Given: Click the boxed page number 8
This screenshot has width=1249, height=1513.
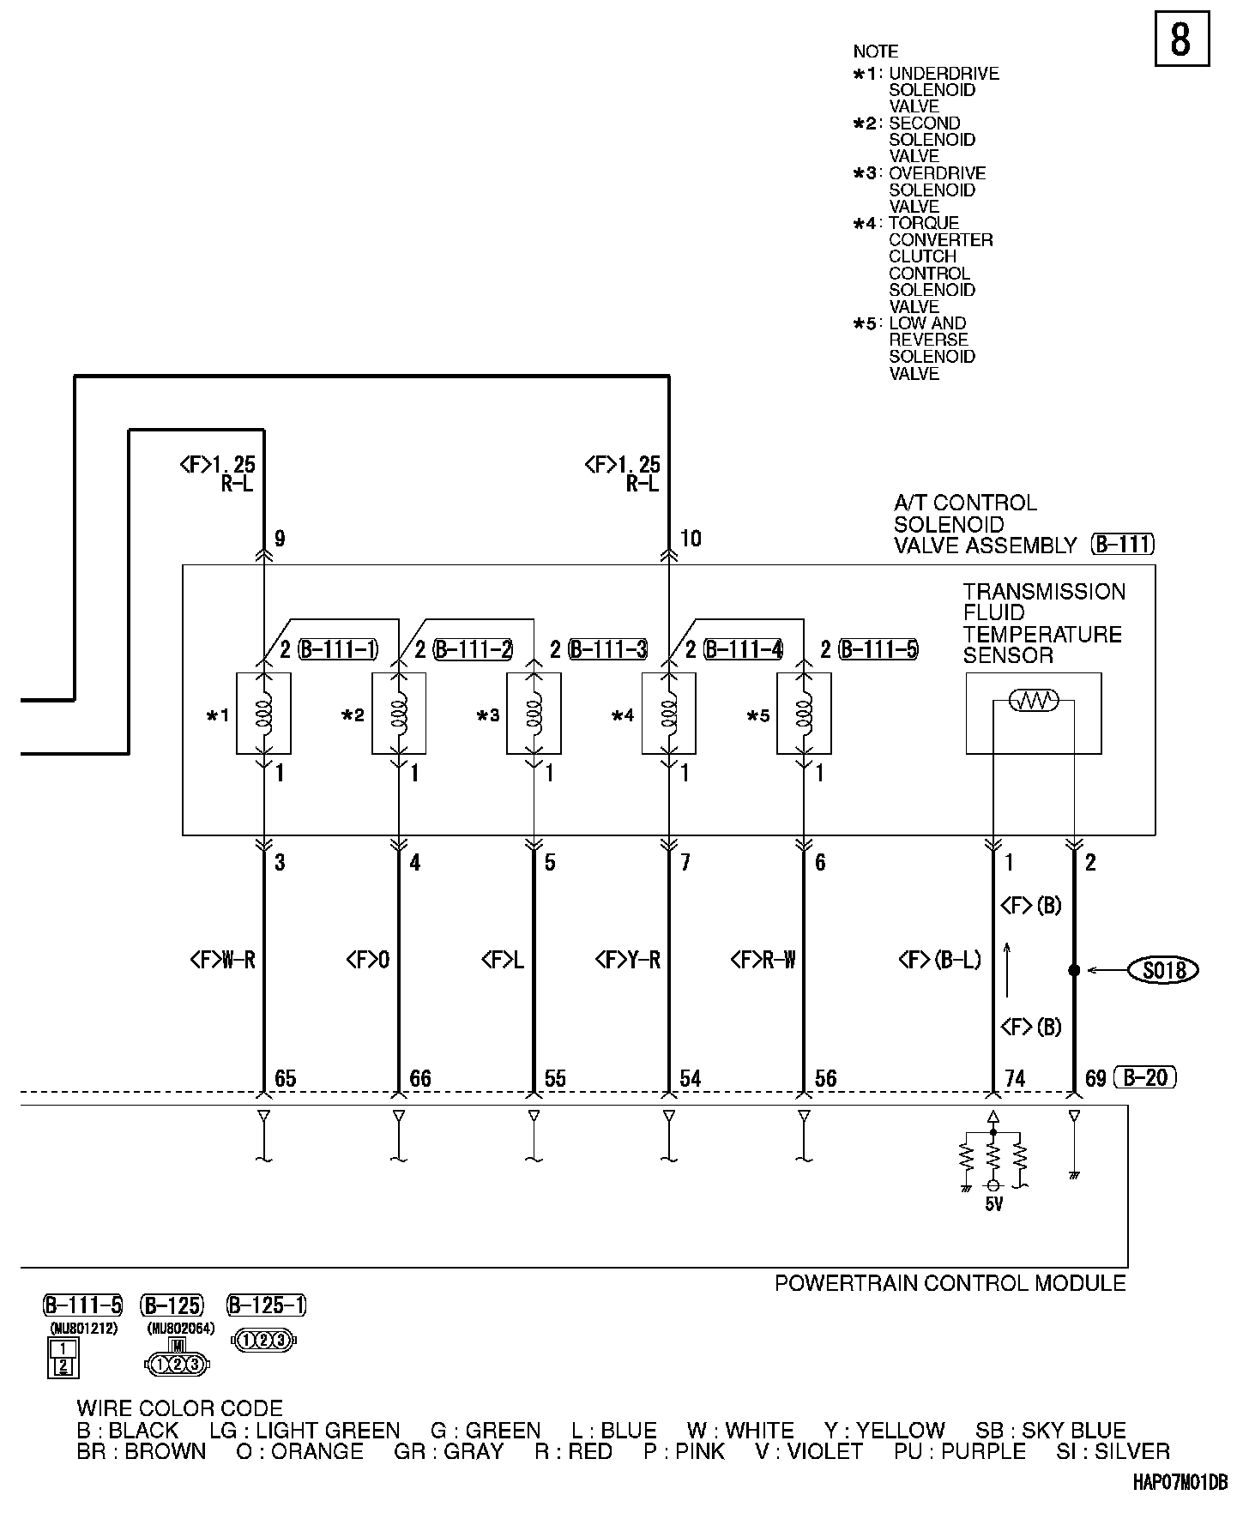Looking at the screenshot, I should [1181, 39].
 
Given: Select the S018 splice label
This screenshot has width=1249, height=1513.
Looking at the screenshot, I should [1164, 970].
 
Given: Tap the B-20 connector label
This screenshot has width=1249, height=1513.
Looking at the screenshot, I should [1145, 1077].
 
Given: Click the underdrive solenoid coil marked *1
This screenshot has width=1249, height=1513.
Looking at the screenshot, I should [263, 714].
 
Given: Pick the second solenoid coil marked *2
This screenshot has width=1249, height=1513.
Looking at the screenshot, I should [398, 714].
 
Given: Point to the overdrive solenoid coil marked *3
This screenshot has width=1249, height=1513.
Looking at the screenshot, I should [534, 714].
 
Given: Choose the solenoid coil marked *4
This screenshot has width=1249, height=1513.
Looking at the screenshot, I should [668, 714].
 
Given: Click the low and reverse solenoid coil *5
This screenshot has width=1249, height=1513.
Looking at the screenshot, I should [804, 714].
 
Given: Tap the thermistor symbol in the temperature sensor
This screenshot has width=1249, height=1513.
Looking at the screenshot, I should [1034, 701].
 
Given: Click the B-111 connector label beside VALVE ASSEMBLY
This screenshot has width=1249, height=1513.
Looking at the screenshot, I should [1123, 545].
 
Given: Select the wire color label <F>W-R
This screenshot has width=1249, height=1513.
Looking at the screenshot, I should [222, 960].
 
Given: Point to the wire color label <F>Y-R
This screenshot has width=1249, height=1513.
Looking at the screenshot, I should [628, 960].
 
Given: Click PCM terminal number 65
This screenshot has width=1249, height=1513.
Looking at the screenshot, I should [285, 1078].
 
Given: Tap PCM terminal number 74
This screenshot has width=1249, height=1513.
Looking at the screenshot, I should [1014, 1078].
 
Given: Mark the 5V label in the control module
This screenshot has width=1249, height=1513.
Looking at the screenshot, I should [993, 1204].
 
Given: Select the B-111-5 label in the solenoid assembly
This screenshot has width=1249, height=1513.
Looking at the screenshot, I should [878, 650].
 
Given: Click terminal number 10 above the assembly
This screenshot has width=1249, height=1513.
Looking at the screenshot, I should [691, 539].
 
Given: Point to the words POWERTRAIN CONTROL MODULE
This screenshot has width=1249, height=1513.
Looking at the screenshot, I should [950, 1283].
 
